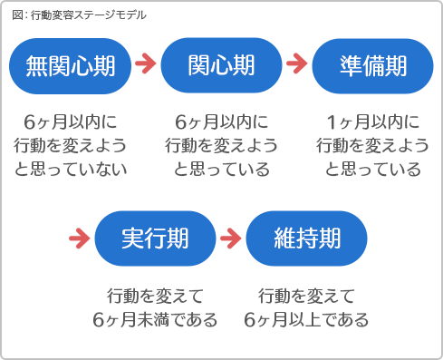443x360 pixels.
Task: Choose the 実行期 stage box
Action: click(155, 238)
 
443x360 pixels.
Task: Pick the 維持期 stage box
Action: click(306, 238)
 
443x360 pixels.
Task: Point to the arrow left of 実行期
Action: click(80, 238)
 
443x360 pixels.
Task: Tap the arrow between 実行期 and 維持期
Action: click(230, 238)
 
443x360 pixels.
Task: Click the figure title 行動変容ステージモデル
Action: click(87, 15)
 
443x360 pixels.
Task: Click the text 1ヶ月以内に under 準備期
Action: click(372, 122)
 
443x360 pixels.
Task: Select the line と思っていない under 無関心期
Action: click(71, 169)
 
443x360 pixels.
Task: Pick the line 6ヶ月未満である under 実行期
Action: click(155, 319)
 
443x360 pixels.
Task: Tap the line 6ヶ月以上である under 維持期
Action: click(306, 319)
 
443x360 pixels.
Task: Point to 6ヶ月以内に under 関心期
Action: click(221, 122)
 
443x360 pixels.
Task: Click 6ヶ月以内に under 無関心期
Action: click(71, 122)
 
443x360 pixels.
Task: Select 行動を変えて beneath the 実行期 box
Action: click(155, 296)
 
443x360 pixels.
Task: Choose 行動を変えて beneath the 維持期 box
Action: click(306, 296)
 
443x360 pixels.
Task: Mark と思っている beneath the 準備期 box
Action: click(372, 169)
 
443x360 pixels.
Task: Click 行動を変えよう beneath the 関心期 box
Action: click(221, 145)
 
